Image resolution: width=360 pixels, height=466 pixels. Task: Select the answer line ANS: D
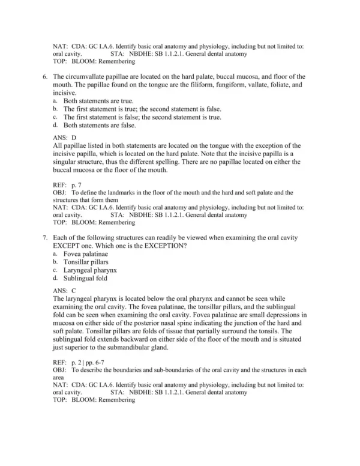pos(65,138)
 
